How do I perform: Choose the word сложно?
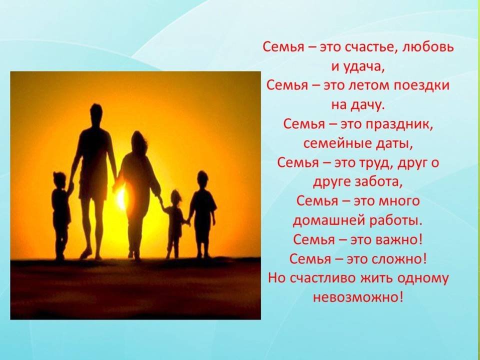point(398,259)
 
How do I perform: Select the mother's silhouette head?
point(139,141)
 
